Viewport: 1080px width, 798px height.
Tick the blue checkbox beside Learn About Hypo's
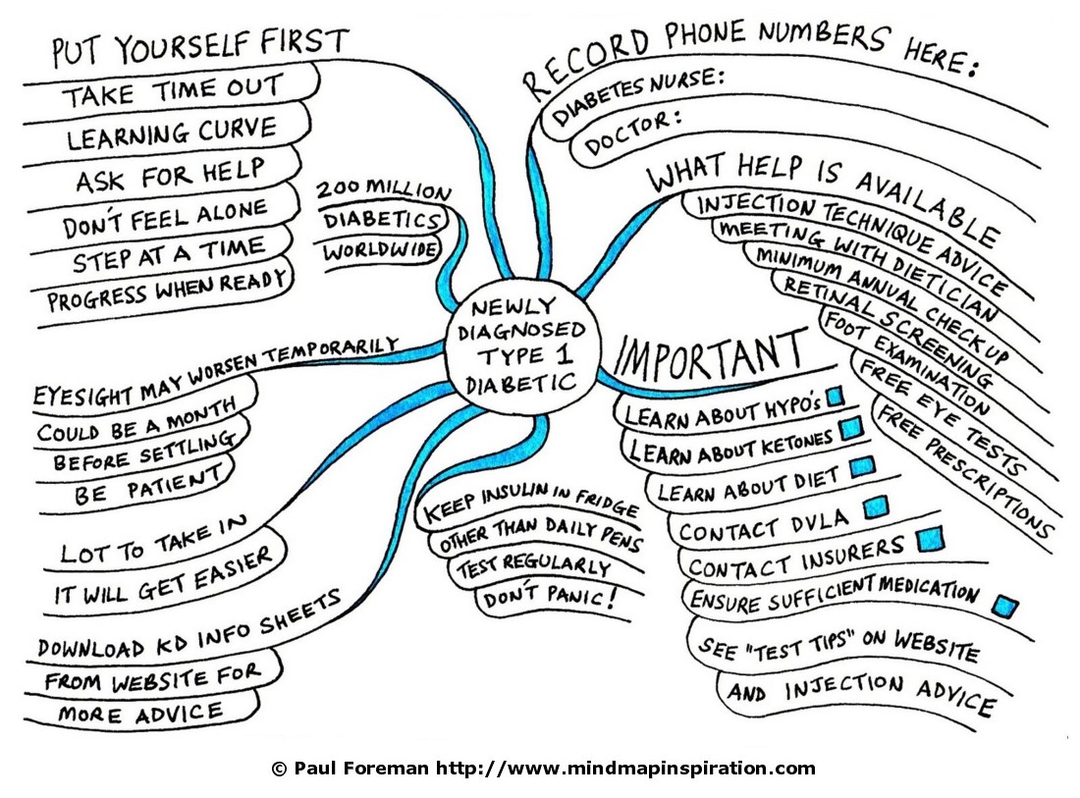click(836, 397)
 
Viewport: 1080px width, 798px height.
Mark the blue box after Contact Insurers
click(928, 539)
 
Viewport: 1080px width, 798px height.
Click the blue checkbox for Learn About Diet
click(861, 467)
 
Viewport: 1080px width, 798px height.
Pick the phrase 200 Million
click(383, 190)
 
